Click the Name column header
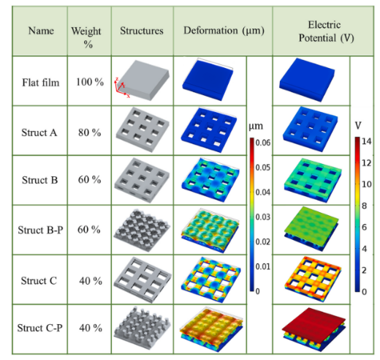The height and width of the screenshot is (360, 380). tap(41, 31)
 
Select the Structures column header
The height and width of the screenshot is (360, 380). tap(142, 31)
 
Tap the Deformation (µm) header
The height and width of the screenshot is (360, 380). tap(224, 31)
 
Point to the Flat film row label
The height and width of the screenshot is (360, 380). tap(41, 83)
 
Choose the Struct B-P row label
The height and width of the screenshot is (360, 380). tap(40, 230)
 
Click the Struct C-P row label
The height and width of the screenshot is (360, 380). tap(39, 328)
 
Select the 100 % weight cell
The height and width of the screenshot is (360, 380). tap(90, 82)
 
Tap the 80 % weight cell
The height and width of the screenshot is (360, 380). tap(89, 132)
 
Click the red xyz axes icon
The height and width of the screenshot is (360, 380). tap(121, 88)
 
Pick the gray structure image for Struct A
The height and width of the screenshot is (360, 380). tap(142, 130)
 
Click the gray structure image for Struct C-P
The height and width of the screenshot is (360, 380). tap(142, 328)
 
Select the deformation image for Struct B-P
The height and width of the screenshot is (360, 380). tap(210, 230)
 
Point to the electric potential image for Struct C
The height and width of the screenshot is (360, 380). tap(313, 279)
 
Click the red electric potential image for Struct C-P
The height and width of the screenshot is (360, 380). tap(313, 329)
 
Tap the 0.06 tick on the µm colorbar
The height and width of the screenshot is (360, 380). tap(263, 143)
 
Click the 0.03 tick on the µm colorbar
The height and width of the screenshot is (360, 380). tap(263, 217)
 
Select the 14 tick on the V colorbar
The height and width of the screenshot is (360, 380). tap(366, 141)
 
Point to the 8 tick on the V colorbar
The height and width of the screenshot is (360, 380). tap(364, 206)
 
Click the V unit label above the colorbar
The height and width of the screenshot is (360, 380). tap(358, 125)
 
